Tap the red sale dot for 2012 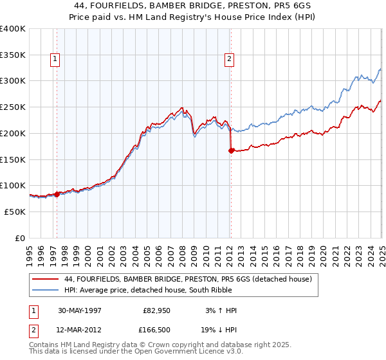[x=231, y=150]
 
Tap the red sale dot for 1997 [x=57, y=194]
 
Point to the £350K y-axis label [x=12, y=55]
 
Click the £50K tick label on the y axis [x=15, y=212]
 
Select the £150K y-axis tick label [x=12, y=159]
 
